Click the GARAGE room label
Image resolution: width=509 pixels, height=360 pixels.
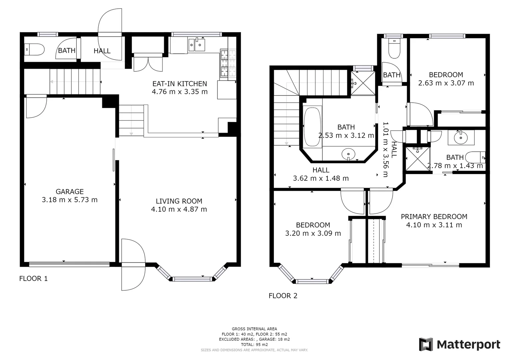[70, 192]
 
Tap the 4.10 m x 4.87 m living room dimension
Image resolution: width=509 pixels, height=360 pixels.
[179, 209]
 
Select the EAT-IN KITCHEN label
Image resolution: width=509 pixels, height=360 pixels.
[180, 84]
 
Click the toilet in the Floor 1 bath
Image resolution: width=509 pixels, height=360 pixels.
[35, 50]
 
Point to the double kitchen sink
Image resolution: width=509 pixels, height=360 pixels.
[197, 45]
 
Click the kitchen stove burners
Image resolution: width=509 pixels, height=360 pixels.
[228, 63]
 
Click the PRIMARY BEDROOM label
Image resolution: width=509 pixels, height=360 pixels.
[434, 217]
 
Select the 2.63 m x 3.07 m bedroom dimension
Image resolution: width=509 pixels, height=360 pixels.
[446, 83]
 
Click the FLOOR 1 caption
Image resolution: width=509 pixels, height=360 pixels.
[33, 279]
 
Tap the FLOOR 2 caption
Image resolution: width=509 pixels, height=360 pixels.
[283, 296]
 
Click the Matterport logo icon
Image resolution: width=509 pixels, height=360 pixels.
[426, 344]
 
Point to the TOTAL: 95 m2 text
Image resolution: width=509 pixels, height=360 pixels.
[254, 344]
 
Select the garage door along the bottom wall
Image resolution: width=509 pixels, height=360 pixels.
[69, 264]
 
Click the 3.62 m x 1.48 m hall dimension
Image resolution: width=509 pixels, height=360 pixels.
[320, 178]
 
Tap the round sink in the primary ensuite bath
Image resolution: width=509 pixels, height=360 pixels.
[461, 137]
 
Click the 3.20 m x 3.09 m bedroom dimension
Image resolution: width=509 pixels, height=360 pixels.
[313, 233]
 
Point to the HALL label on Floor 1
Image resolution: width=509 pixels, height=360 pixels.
[102, 51]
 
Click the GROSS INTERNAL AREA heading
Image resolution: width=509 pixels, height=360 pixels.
[254, 329]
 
